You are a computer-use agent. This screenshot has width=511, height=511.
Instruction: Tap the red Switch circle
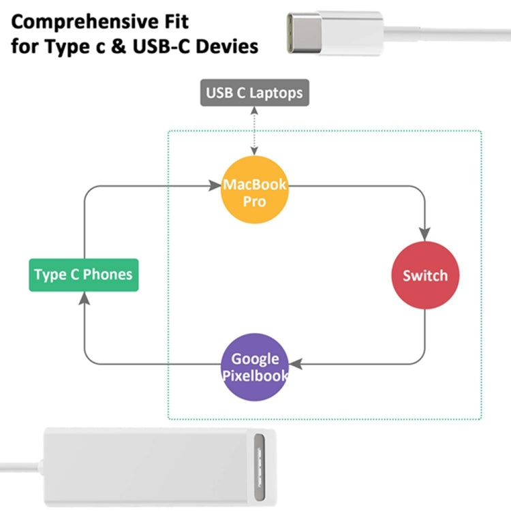tap(425, 275)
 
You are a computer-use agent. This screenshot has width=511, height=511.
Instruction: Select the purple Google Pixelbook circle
tap(255, 367)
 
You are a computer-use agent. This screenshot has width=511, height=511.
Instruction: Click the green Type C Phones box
tap(83, 275)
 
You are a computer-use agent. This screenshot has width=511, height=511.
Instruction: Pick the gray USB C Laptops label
tap(254, 92)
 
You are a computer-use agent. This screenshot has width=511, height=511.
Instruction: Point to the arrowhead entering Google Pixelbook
tap(294, 364)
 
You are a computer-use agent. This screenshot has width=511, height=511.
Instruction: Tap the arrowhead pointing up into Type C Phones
tap(83, 297)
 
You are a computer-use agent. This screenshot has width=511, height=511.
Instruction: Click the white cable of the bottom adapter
tap(20, 469)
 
